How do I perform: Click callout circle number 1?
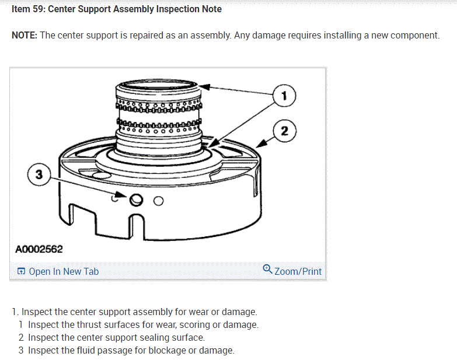[284, 96]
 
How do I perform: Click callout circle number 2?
[284, 131]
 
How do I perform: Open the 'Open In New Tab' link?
[64, 271]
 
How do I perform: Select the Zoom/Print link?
[298, 271]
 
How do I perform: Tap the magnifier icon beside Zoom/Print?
[267, 270]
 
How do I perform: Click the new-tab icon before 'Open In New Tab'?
[21, 271]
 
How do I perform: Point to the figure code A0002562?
[39, 250]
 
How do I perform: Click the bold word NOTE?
[25, 35]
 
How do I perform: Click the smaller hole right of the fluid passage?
[158, 201]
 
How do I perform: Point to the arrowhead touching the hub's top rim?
[205, 88]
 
